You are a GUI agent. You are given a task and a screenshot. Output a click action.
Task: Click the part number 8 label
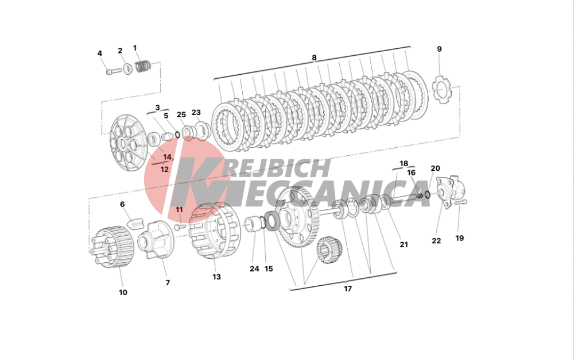tap(314, 58)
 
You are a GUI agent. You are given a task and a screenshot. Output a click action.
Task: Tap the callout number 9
tap(439, 49)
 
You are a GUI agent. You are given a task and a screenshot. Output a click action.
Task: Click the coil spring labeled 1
tap(143, 66)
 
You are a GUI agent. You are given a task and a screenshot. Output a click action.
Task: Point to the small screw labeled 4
tap(114, 71)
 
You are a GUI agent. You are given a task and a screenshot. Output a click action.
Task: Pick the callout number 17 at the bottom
tap(348, 289)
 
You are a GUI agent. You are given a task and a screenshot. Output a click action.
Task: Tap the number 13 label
tap(217, 277)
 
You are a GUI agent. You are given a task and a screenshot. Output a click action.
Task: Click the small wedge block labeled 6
tap(135, 223)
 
